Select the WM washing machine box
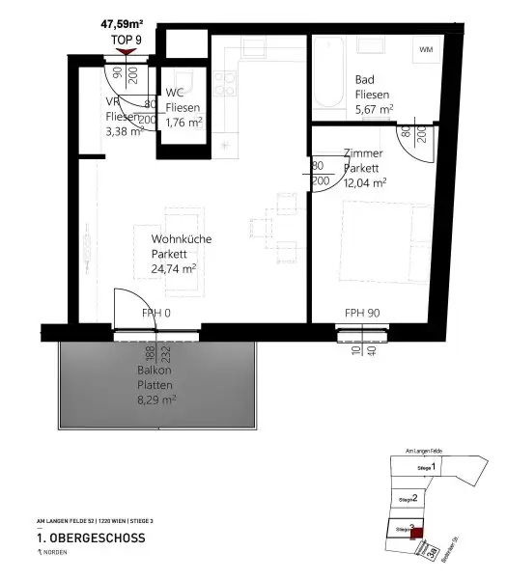pos(426,49)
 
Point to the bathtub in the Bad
pos(327,73)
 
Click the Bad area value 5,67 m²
pos(373,109)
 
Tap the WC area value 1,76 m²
pos(183,122)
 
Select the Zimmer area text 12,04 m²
pos(365,180)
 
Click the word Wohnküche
pos(181,239)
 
